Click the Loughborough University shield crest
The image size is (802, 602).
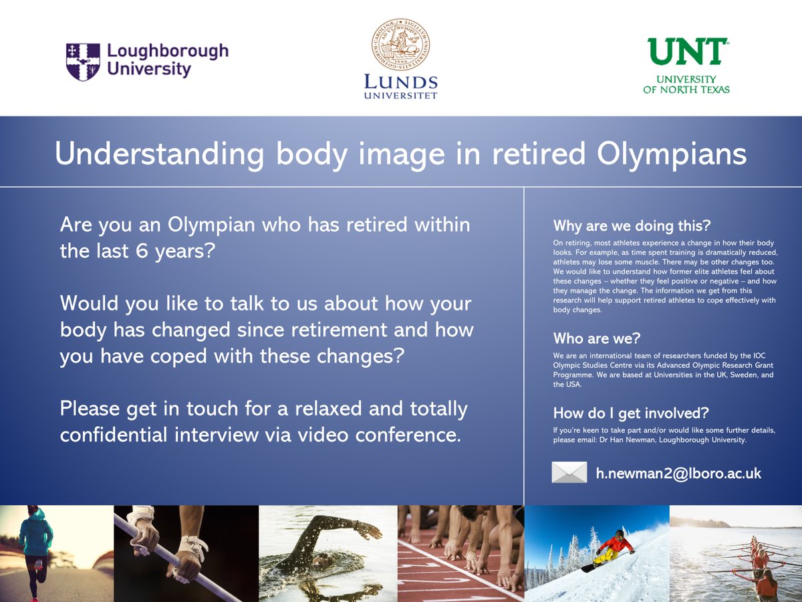83,62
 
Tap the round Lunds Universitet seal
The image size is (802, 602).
401,45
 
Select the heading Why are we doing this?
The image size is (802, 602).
632,225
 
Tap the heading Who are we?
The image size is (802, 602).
597,338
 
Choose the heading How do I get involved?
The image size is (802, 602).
631,412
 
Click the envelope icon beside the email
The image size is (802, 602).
569,472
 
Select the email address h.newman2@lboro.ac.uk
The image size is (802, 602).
678,473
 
